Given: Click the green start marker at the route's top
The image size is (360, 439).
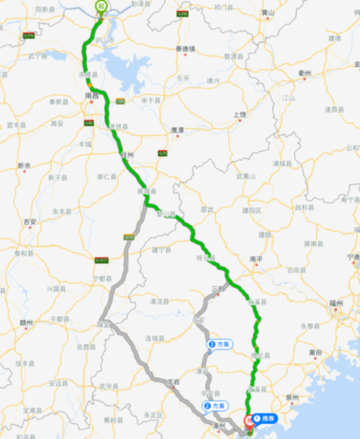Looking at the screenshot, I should coord(101,6).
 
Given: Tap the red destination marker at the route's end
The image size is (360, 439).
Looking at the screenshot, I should coord(249,421).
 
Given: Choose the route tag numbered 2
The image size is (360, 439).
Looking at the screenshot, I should coord(214,407).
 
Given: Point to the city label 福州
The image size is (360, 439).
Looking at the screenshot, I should coord(335,302).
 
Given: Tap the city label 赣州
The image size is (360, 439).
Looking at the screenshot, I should coord(27,322).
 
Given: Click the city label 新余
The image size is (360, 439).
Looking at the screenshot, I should coord(25,165).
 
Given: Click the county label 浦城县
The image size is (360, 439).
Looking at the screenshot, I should coord(282,164).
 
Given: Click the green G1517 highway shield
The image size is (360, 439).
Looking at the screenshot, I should coord(102,260).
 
